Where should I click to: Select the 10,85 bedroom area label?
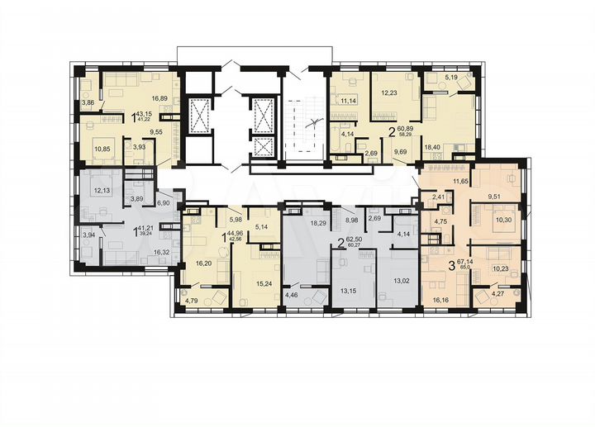pos(102,149)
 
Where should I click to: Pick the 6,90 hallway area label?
pos(164,203)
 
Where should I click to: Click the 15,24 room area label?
pos(255,282)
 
